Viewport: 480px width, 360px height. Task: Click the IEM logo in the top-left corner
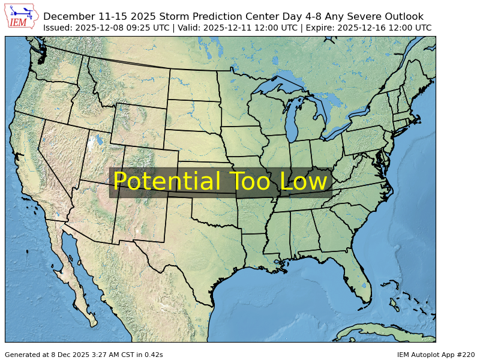coord(22,16)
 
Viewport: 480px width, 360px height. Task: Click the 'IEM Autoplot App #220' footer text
coord(435,355)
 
